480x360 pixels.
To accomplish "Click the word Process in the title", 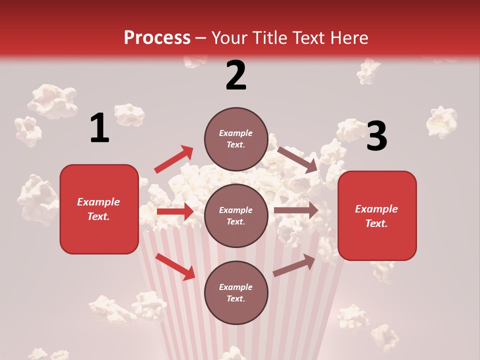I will click(x=157, y=38).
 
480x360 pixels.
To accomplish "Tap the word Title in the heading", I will click(x=266, y=38).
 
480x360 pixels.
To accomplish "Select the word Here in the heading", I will click(x=348, y=38).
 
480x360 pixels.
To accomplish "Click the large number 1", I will click(x=99, y=128).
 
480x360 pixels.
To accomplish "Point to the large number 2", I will click(x=236, y=75).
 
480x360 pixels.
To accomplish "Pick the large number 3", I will click(x=376, y=136).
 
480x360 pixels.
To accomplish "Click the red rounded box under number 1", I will click(x=99, y=209).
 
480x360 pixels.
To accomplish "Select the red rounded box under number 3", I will click(x=377, y=215).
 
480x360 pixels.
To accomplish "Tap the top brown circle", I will click(x=236, y=139).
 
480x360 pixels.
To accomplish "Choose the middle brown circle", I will click(x=236, y=215).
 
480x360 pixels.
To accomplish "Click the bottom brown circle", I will click(x=236, y=292).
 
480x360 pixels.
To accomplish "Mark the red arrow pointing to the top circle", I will click(x=174, y=159).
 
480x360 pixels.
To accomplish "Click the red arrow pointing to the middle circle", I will click(x=175, y=211).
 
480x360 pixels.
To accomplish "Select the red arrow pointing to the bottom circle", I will click(x=175, y=266).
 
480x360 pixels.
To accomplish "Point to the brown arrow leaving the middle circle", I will click(x=296, y=210).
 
